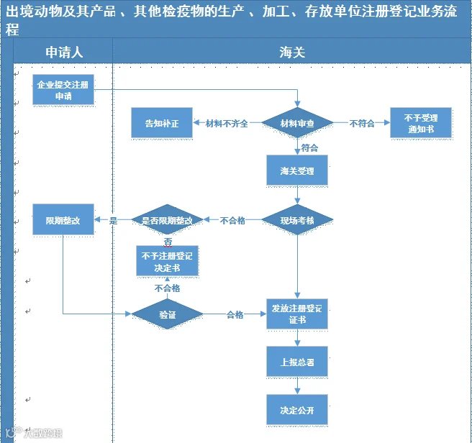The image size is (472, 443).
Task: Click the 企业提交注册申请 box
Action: [x=63, y=90]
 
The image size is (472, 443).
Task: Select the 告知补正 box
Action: [x=162, y=123]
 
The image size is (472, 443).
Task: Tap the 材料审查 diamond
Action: [x=297, y=123]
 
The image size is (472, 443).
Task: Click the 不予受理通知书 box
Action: [x=421, y=123]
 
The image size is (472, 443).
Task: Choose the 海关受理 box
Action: [x=297, y=170]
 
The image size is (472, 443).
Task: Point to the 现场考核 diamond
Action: [x=297, y=219]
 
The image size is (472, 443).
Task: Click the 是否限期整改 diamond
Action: [x=167, y=219]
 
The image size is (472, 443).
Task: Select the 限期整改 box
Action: [x=63, y=219]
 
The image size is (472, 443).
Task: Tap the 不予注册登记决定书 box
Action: [x=167, y=261]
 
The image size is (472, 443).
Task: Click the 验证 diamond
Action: [x=167, y=314]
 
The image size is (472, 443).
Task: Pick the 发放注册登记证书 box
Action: [x=297, y=314]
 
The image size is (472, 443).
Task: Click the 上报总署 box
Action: [x=297, y=362]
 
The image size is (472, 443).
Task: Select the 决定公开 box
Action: [x=297, y=410]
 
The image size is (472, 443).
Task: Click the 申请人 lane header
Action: [x=64, y=52]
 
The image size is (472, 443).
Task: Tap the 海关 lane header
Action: [x=292, y=52]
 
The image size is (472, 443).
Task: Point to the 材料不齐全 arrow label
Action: [x=227, y=123]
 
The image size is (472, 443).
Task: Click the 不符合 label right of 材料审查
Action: [x=362, y=123]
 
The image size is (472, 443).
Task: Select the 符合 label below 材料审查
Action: [x=309, y=147]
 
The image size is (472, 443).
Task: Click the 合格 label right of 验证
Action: [x=235, y=314]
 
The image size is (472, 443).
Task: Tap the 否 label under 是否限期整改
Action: [x=168, y=242]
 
